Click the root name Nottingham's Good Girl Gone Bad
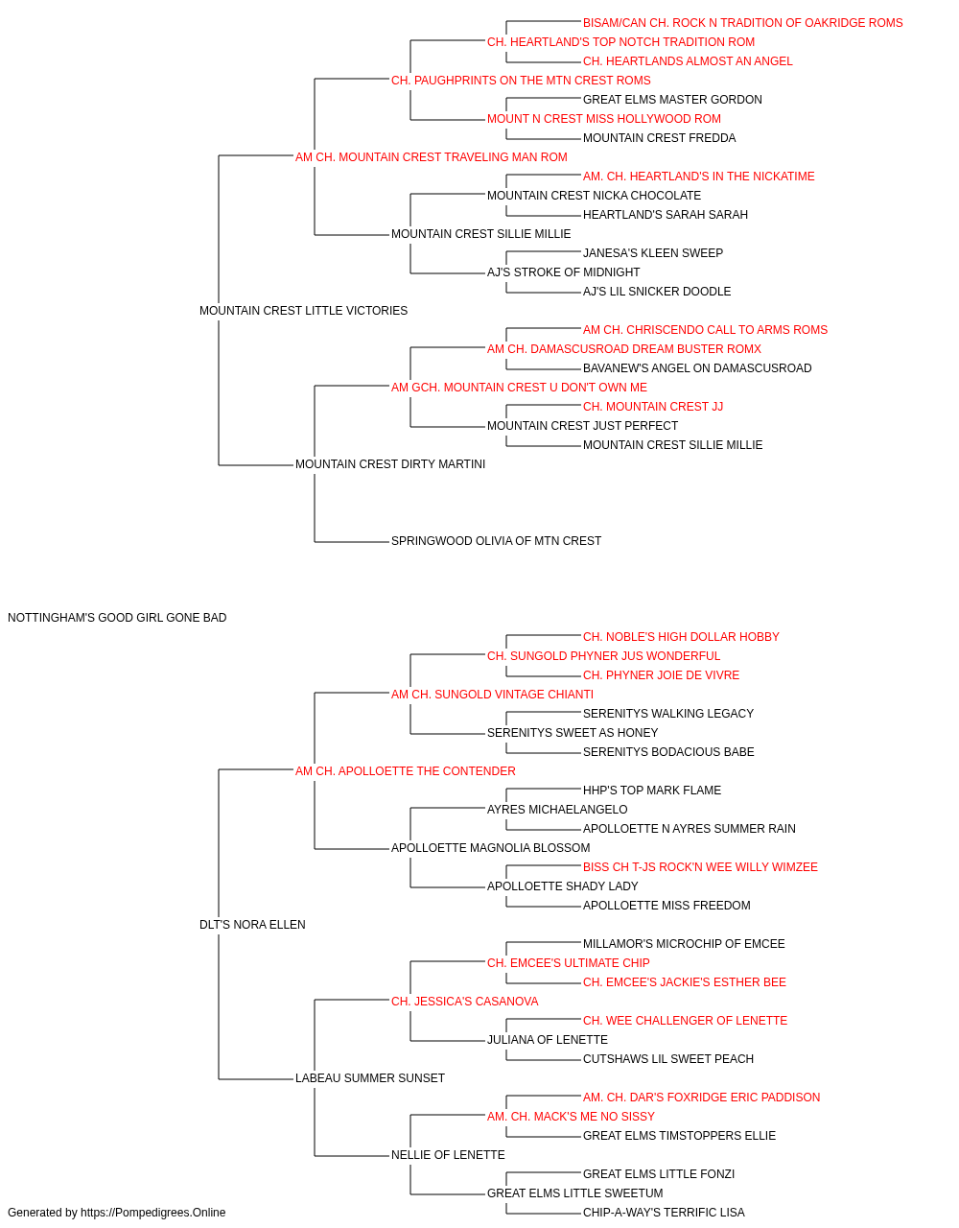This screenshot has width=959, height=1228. pyautogui.click(x=117, y=618)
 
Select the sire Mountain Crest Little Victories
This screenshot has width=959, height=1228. pyautogui.click(x=303, y=311)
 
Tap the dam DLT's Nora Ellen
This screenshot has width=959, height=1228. pyautogui.click(x=252, y=925)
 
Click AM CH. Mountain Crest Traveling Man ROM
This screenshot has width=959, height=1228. pyautogui.click(x=431, y=157)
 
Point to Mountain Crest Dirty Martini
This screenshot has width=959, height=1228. pyautogui.click(x=390, y=464)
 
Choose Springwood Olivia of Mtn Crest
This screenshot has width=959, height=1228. pyautogui.click(x=496, y=541)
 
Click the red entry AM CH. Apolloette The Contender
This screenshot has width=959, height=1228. pyautogui.click(x=405, y=770)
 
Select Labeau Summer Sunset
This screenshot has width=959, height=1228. pyautogui.click(x=370, y=1078)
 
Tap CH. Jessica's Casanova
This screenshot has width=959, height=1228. pyautogui.click(x=464, y=1002)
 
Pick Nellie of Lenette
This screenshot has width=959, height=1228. pyautogui.click(x=448, y=1154)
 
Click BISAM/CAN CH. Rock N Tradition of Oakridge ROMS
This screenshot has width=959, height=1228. pyautogui.click(x=742, y=23)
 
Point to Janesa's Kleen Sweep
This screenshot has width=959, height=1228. pyautogui.click(x=653, y=253)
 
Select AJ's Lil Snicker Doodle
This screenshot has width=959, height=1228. pyautogui.click(x=657, y=292)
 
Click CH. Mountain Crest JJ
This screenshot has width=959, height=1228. pyautogui.click(x=653, y=407)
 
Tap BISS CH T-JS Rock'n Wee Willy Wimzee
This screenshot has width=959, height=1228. pyautogui.click(x=700, y=867)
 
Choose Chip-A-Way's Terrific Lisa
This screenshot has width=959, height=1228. pyautogui.click(x=664, y=1213)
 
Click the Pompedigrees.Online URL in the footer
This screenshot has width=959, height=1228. pyautogui.click(x=153, y=1213)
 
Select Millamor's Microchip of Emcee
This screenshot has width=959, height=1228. pyautogui.click(x=684, y=944)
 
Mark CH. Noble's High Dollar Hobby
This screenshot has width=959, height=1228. pyautogui.click(x=681, y=637)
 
